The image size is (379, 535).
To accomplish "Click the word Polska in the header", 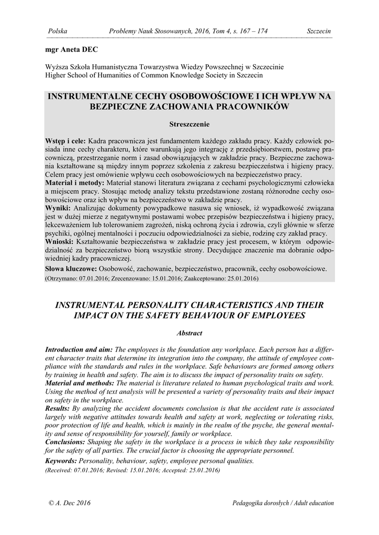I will point(57,31).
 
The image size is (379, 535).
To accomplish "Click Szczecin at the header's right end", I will point(319,31).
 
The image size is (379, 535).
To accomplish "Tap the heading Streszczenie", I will point(189,124).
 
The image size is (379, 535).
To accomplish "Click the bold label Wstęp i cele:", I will point(66,142).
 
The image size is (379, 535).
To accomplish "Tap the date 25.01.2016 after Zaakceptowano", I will point(241,278).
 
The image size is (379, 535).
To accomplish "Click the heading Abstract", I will point(189,333).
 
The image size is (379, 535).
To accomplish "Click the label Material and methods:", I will point(80,383).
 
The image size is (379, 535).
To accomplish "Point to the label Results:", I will point(58,408).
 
